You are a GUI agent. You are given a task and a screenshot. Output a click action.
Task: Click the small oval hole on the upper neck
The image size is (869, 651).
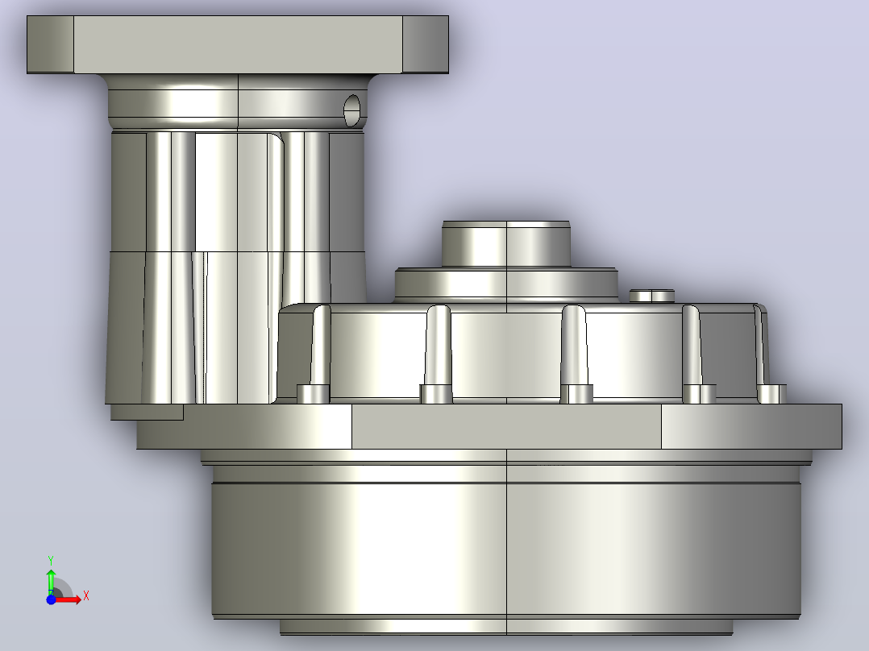[x=352, y=110]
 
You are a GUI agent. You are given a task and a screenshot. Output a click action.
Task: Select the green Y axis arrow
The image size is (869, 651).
[x=51, y=581]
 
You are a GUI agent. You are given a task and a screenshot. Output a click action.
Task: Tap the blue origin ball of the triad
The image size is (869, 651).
[x=51, y=599]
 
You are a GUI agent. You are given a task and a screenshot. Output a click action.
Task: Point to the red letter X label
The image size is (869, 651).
[x=86, y=596]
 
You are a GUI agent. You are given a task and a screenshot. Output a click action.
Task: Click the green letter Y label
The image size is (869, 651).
[x=51, y=561]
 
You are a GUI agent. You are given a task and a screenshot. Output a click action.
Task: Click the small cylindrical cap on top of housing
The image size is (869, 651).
[x=506, y=244]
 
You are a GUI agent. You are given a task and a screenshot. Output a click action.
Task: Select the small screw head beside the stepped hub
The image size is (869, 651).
[x=651, y=296]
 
